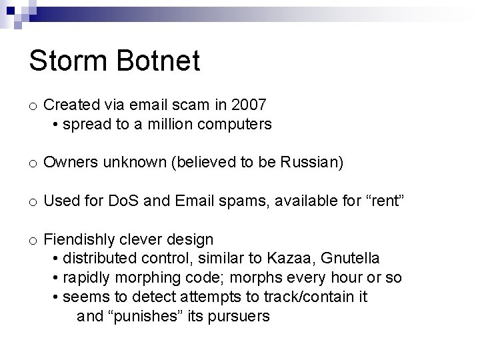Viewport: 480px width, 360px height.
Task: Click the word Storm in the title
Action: point(71,61)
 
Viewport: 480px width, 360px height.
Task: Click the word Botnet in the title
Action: point(161,61)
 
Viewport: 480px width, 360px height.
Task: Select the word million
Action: point(185,124)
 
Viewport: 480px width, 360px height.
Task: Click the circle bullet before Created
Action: point(33,105)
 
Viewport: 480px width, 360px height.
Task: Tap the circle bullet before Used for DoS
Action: point(33,202)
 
